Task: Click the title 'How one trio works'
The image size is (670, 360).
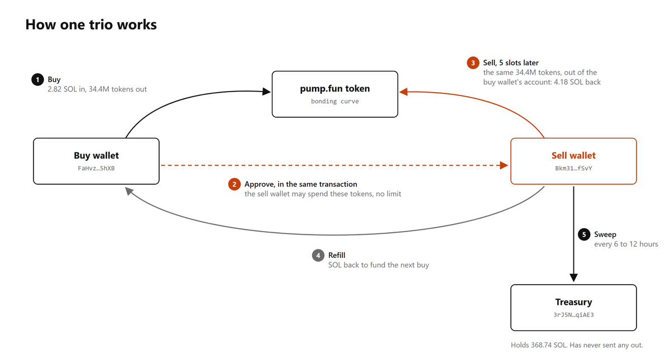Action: (x=91, y=25)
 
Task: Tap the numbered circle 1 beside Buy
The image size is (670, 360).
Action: (x=38, y=79)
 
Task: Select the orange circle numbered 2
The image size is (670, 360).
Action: (x=234, y=184)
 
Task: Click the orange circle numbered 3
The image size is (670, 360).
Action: (x=473, y=63)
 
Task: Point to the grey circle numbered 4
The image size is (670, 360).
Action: (x=318, y=256)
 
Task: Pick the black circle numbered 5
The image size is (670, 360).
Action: (x=584, y=234)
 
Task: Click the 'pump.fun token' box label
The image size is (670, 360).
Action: (x=335, y=89)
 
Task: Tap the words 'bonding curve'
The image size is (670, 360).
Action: (x=335, y=102)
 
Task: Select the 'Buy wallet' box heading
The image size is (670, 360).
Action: (x=96, y=156)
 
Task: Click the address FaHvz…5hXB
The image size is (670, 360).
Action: (x=96, y=169)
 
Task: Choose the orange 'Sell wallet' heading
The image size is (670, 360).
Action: (x=574, y=156)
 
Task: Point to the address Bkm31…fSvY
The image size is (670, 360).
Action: (x=574, y=169)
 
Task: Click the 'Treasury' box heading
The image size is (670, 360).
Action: (x=574, y=302)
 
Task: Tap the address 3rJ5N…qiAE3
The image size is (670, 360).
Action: (x=574, y=315)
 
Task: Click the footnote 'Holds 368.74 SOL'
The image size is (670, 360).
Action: (x=538, y=345)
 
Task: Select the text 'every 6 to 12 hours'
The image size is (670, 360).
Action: (x=626, y=244)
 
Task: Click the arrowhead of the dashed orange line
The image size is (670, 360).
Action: (x=504, y=165)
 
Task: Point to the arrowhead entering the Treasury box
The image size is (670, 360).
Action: (x=574, y=278)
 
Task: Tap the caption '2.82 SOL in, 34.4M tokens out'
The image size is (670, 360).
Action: (x=97, y=89)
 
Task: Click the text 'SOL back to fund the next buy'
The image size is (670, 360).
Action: (x=379, y=265)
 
